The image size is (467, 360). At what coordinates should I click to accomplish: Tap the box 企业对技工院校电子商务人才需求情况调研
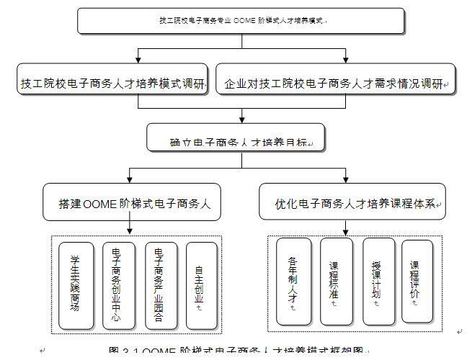click(336, 84)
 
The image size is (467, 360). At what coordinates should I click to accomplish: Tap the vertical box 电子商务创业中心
click(117, 282)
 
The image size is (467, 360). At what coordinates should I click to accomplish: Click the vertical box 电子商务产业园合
click(159, 282)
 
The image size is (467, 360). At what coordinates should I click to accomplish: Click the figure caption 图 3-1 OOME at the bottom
click(237, 354)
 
